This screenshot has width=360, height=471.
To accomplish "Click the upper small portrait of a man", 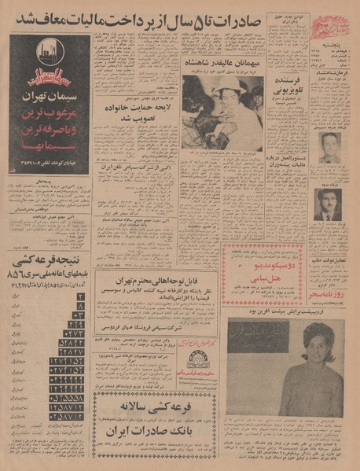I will pos(329,147).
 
